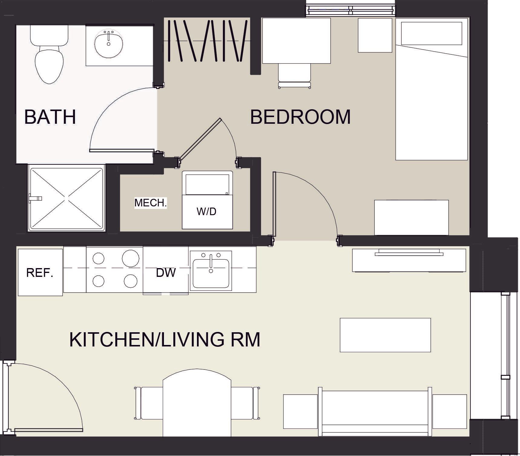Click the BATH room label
(50, 117)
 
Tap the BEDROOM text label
(300, 117)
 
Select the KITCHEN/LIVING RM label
(165, 340)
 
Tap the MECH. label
(150, 203)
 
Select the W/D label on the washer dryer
(207, 212)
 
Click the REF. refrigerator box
(40, 272)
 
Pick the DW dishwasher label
(166, 273)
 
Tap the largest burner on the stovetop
(130, 258)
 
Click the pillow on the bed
(431, 33)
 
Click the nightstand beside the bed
(375, 35)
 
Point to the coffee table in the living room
(385, 335)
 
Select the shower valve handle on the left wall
(35, 199)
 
